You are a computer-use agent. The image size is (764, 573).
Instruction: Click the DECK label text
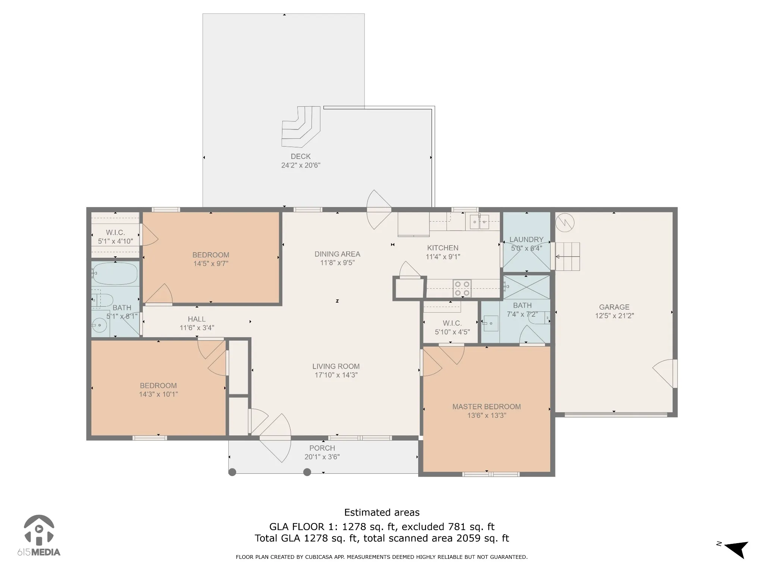[301, 157]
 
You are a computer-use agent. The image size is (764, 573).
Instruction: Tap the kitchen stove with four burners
[462, 289]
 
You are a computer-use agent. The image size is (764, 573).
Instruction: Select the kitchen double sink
[479, 222]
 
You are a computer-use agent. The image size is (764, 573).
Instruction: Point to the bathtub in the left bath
[115, 274]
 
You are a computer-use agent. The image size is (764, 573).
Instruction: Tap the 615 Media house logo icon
[39, 530]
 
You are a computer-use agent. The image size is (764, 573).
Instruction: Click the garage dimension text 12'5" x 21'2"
[614, 316]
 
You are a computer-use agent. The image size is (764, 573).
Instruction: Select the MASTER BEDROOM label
[486, 407]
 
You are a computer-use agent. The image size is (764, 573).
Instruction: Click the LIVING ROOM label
[336, 366]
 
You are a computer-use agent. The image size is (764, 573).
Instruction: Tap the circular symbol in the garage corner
[565, 223]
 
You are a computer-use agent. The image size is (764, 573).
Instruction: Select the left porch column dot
[232, 472]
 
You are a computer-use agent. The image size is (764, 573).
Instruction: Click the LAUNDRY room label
[526, 239]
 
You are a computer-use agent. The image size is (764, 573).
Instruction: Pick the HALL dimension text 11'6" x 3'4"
[197, 328]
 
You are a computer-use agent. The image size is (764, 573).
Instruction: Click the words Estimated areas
[382, 513]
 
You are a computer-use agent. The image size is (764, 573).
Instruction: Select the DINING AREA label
[337, 254]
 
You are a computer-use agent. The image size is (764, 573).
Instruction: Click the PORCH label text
[322, 448]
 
